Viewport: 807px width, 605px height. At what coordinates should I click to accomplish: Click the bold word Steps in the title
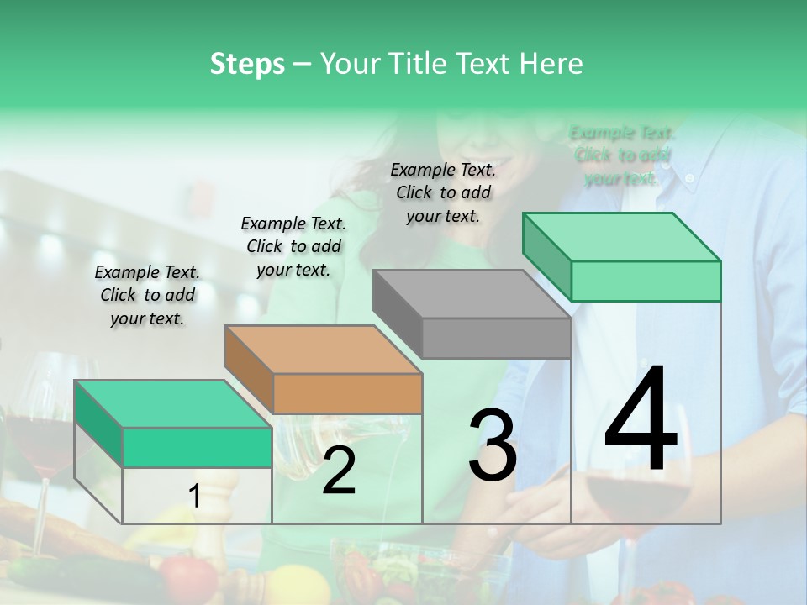247,64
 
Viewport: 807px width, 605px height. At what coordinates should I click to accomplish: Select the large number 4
641,420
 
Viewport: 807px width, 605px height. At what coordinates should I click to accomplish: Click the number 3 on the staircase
493,445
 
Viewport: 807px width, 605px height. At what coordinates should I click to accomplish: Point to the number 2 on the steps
339,471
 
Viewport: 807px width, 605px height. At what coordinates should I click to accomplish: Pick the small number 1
195,497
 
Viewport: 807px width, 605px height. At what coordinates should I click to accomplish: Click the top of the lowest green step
173,403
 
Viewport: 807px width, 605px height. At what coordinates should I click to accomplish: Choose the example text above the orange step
293,246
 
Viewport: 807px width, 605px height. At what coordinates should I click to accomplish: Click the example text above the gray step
443,192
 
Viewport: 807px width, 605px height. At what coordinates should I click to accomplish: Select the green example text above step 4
622,155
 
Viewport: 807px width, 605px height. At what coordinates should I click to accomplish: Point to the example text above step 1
147,295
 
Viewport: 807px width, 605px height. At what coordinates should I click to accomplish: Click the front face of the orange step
347,393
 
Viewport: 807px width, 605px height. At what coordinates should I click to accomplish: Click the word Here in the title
551,64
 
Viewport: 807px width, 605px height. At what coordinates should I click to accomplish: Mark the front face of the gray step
496,338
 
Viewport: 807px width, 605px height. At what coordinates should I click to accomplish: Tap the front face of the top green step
646,281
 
